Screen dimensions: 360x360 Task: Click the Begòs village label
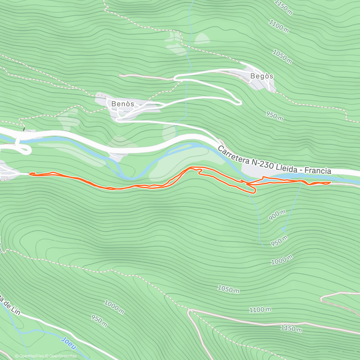(x=262, y=76)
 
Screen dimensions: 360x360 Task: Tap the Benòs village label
(x=122, y=104)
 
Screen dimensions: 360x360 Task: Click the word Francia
(x=318, y=171)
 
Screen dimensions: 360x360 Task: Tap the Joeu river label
(x=68, y=343)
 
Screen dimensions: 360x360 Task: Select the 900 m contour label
(x=277, y=215)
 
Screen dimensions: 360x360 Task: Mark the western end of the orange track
(x=30, y=174)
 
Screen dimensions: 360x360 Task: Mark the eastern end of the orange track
(x=330, y=182)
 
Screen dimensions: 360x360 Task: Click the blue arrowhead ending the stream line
(x=283, y=230)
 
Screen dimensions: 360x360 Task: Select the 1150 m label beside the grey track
(x=291, y=328)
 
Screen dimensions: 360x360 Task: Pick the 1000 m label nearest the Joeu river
(x=114, y=307)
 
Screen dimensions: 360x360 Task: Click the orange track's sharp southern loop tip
(x=255, y=191)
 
